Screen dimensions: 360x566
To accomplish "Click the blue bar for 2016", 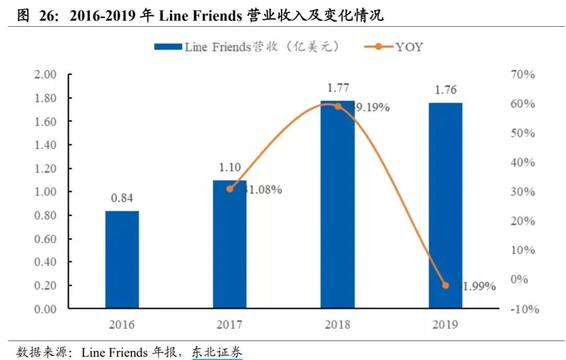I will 122,259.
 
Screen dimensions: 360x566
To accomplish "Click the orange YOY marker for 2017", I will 230,189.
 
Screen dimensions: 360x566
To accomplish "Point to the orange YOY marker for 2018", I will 338,106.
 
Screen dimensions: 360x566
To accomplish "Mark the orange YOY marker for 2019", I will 445,286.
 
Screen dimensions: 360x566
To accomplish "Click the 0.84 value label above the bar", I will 122,199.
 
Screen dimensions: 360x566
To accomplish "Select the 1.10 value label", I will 230,168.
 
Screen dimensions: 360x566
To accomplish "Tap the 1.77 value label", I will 338,88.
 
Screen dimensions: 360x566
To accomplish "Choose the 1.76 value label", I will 445,90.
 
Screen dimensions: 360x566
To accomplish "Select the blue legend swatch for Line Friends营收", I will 167,47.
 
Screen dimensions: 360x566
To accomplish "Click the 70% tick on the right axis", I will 522,74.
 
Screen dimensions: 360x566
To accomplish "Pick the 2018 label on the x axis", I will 338,325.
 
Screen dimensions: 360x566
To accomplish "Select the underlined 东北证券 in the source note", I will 217,353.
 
